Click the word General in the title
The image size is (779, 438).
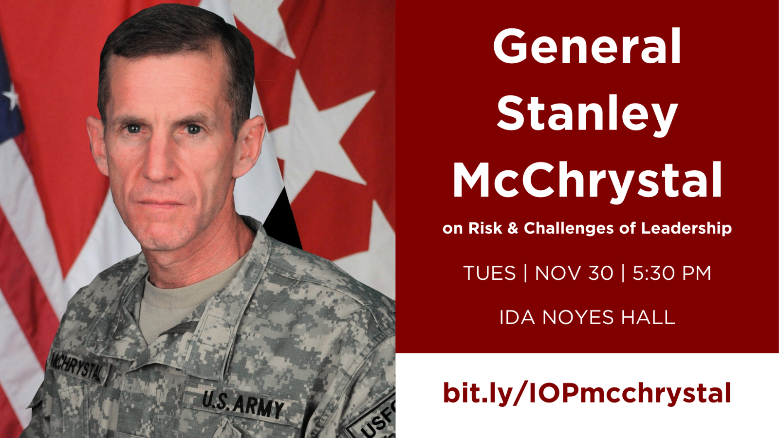click(x=587, y=46)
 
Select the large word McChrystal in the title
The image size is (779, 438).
click(x=587, y=180)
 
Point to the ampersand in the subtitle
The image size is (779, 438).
click(x=513, y=228)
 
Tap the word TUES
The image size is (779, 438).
click(x=489, y=273)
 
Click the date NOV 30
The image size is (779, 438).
click(x=574, y=273)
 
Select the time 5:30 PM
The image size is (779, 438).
click(x=672, y=273)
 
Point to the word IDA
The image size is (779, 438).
click(x=517, y=317)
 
